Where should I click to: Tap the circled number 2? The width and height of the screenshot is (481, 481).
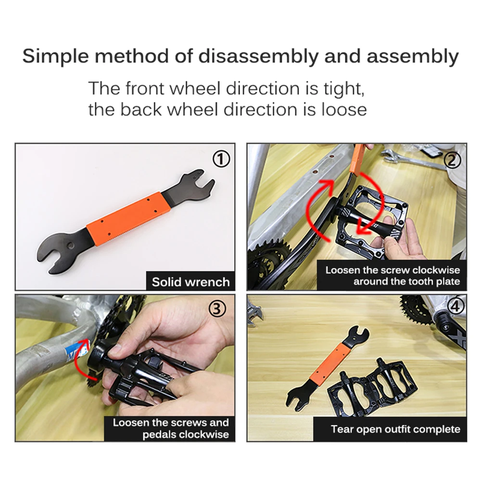click(453, 160)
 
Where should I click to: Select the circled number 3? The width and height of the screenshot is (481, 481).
click(217, 309)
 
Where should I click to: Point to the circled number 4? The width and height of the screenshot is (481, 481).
click(455, 306)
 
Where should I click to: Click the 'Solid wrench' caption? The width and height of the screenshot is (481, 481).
click(191, 282)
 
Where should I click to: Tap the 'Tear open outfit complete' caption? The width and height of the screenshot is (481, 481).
click(395, 429)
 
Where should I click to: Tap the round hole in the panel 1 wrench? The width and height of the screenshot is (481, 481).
click(70, 245)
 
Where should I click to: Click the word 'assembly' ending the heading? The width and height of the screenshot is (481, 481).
click(413, 57)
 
